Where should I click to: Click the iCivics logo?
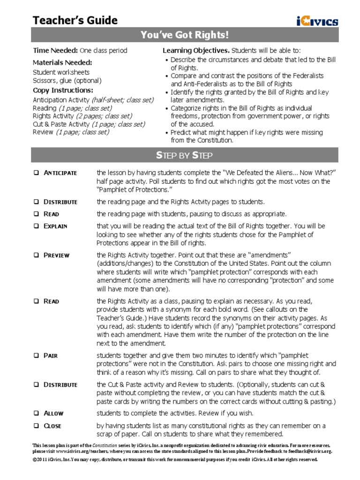(317, 21)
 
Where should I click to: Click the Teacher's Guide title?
(75, 20)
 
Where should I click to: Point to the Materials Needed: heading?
(62, 62)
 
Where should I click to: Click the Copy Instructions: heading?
(63, 90)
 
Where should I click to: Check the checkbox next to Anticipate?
(36, 173)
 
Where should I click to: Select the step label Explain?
(55, 226)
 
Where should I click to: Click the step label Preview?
(56, 255)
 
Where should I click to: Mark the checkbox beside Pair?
(36, 355)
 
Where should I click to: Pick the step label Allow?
(53, 413)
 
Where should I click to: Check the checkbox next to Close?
(36, 426)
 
